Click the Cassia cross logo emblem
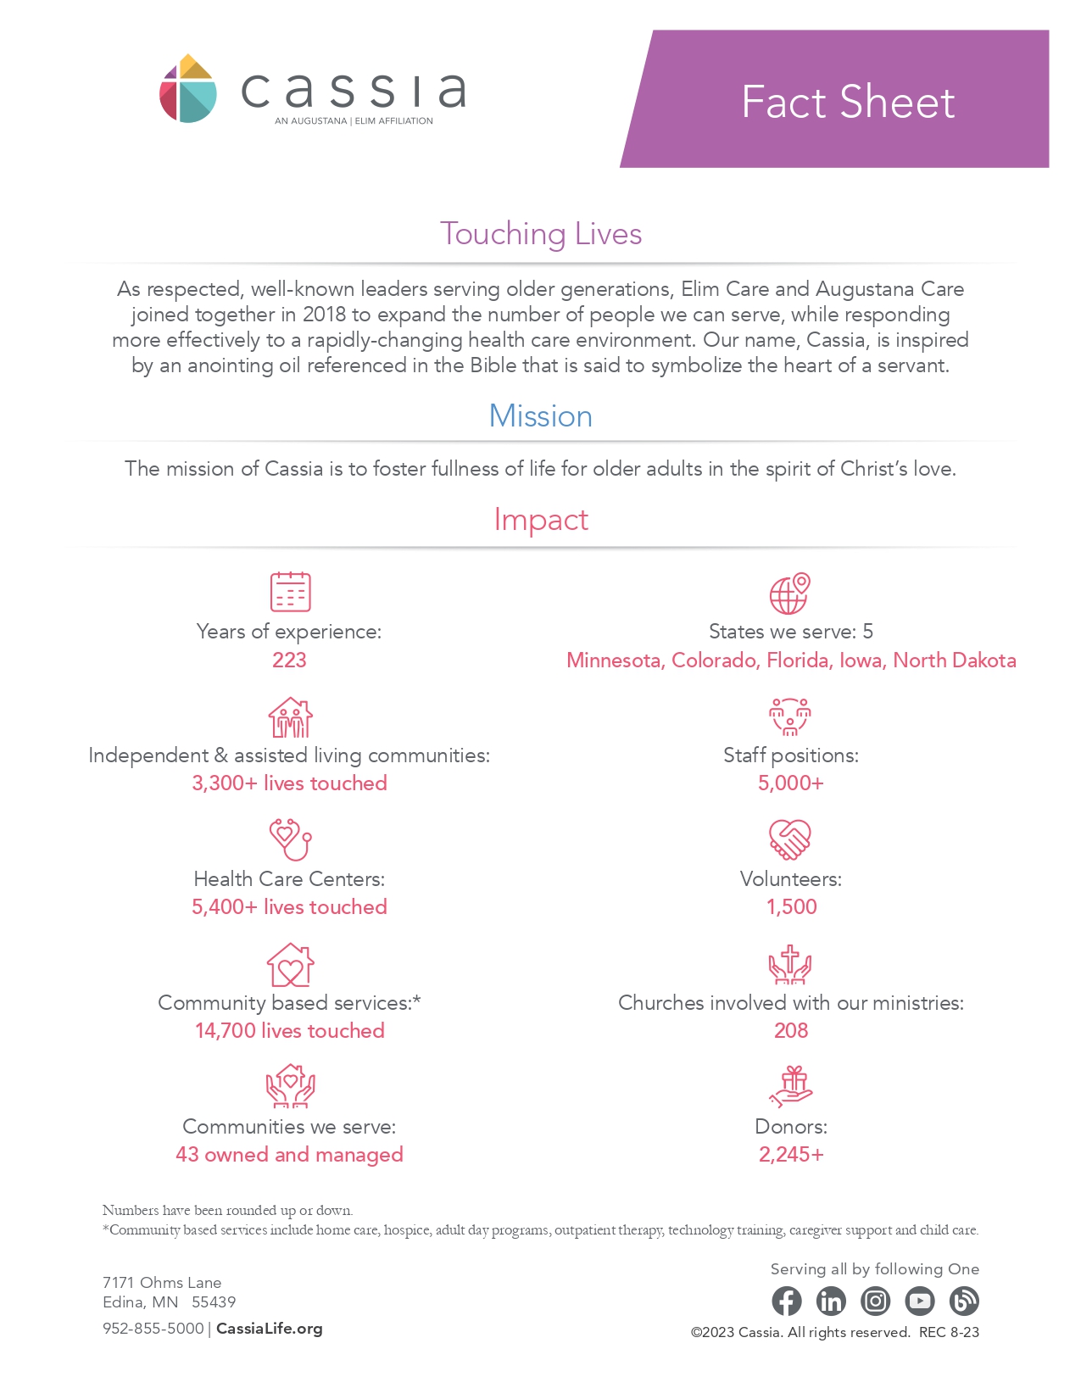188,89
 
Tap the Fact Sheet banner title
847,102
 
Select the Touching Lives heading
540,233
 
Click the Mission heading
540,415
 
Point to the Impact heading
540,519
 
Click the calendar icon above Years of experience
290,591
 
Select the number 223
289,660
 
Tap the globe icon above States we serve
790,593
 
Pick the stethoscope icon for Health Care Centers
290,839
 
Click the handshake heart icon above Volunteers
790,839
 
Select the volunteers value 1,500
791,906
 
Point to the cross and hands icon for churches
790,964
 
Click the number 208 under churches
791,1030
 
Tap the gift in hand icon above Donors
790,1087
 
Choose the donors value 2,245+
791,1154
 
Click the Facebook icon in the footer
787,1301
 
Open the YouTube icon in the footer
919,1301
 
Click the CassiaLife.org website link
270,1329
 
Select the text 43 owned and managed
289,1154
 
